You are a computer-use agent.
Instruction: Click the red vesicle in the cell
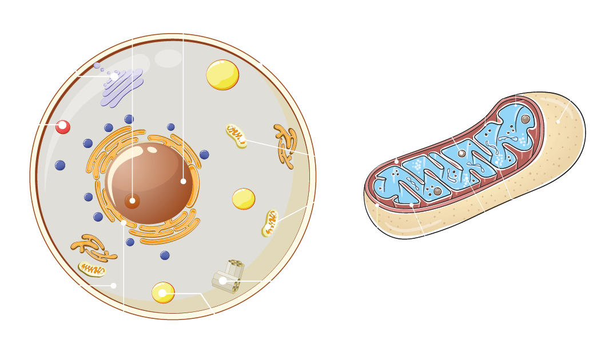tap(63, 127)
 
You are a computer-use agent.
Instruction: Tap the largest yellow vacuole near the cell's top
tap(222, 75)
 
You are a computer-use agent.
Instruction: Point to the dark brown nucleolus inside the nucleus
tap(132, 201)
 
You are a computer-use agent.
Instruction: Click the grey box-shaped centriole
tap(229, 277)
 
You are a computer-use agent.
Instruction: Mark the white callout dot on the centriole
tap(222, 281)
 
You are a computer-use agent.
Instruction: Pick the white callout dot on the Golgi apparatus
tap(114, 76)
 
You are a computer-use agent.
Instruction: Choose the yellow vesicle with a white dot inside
tap(163, 293)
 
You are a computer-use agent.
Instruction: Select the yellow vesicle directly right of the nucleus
tap(244, 199)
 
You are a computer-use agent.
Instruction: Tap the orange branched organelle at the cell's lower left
tap(89, 245)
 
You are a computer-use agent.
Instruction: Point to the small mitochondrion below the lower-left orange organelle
tap(91, 269)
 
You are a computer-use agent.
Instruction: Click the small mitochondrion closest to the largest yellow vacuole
tap(236, 135)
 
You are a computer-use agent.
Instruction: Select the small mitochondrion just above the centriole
tap(270, 223)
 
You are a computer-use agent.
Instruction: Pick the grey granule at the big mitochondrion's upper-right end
tap(526, 119)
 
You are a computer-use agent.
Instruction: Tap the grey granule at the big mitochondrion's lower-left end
tap(437, 191)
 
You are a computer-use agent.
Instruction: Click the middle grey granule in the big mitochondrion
tap(461, 153)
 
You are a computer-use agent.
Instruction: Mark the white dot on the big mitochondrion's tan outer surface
tap(558, 121)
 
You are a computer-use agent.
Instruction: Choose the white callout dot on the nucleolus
tap(132, 201)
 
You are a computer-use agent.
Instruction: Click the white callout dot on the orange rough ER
tap(124, 223)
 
